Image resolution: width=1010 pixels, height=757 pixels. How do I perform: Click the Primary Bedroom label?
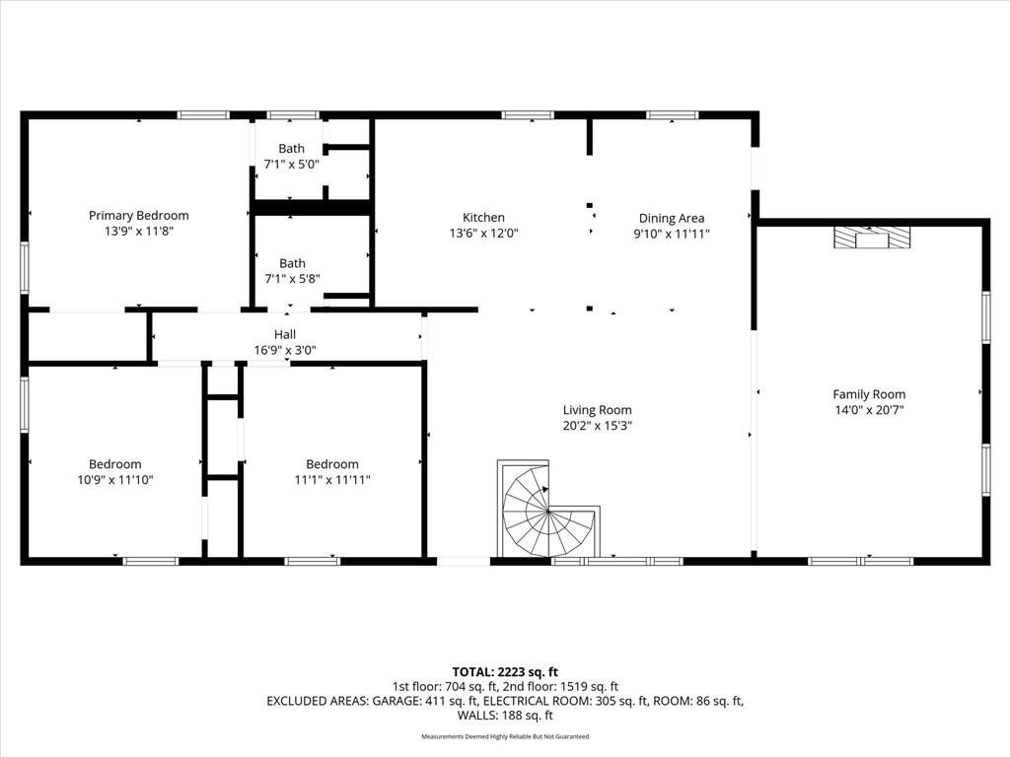pos(138,216)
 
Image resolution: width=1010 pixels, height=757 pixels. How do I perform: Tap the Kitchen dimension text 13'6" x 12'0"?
pos(483,233)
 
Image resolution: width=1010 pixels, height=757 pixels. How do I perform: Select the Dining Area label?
pos(671,218)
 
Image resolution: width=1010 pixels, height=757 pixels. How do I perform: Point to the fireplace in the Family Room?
pos(872,238)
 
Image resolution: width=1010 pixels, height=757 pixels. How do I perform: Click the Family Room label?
pos(869,394)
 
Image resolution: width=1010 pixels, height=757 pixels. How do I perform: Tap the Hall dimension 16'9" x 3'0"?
pos(285,350)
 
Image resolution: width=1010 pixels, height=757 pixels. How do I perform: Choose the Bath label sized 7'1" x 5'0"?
pos(291,149)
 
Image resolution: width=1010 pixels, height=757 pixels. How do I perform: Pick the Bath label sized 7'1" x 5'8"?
pos(292,263)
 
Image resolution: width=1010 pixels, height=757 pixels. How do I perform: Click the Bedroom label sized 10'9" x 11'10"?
pos(114,464)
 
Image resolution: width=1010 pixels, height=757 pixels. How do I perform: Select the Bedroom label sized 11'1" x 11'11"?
pos(331,464)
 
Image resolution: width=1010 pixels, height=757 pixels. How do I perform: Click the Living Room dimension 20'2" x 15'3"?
pos(597,426)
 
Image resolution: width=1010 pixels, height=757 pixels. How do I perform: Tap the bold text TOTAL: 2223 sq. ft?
pos(505,672)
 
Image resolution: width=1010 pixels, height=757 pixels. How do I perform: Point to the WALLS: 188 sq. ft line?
pos(505,716)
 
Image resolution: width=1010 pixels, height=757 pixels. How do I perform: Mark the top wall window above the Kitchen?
pos(528,115)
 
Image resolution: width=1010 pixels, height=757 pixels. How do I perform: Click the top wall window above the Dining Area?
pos(672,115)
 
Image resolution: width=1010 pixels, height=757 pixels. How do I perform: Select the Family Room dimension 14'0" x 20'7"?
pos(869,410)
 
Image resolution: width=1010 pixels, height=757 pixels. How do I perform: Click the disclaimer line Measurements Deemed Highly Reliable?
pos(505,736)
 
